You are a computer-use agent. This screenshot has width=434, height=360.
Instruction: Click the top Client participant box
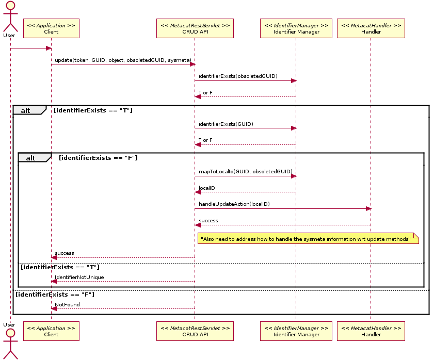tap(51, 28)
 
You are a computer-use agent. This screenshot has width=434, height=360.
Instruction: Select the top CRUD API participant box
tap(195, 28)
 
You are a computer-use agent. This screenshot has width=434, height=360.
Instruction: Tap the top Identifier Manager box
tap(296, 28)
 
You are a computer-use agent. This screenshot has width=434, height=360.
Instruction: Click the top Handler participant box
tap(371, 28)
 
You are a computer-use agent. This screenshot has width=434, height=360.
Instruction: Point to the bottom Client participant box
tap(51, 331)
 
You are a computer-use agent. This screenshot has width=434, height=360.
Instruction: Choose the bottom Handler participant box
tap(371, 331)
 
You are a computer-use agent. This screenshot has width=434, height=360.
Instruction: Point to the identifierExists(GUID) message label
tap(226, 124)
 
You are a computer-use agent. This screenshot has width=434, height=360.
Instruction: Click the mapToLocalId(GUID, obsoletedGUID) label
tap(245, 172)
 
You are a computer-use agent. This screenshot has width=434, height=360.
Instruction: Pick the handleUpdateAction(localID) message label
tap(234, 204)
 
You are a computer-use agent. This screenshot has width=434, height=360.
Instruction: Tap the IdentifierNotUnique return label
tap(79, 277)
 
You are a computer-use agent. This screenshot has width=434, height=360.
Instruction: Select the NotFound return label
tap(67, 305)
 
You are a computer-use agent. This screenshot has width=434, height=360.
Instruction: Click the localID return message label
tap(207, 188)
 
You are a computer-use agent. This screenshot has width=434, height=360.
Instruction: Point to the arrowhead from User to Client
tap(49, 48)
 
